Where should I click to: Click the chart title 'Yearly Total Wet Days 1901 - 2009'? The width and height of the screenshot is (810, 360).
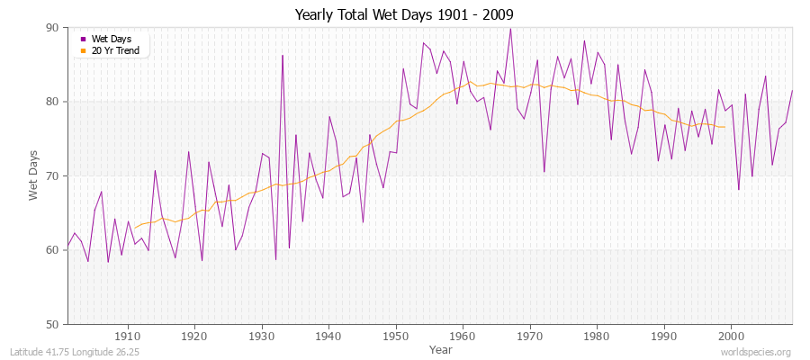click(x=404, y=15)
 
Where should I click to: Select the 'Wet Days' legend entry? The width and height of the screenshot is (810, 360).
click(x=110, y=39)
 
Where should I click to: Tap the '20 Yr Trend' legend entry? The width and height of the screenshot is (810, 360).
click(x=114, y=50)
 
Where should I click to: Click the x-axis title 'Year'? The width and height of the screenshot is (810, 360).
click(x=441, y=348)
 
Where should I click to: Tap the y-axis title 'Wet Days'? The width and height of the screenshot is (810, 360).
click(x=33, y=175)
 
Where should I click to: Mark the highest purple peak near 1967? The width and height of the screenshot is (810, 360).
click(x=510, y=29)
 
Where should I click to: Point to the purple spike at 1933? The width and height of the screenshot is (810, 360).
click(x=282, y=56)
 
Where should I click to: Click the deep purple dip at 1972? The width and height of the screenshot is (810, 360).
click(x=544, y=172)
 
